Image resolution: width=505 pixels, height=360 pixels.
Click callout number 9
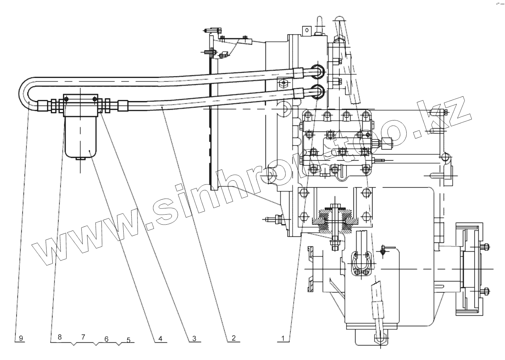pos(21,338)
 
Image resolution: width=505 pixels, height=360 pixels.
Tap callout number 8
pos(60,337)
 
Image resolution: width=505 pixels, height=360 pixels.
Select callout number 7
pos(83,336)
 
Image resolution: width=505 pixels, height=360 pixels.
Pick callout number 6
pos(106,339)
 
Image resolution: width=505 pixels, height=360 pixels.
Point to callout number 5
pos(128,340)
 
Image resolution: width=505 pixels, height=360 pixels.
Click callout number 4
pos(160,339)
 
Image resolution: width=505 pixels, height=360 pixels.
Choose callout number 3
pos(195,339)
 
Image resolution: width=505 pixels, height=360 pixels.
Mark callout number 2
pos(234,338)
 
